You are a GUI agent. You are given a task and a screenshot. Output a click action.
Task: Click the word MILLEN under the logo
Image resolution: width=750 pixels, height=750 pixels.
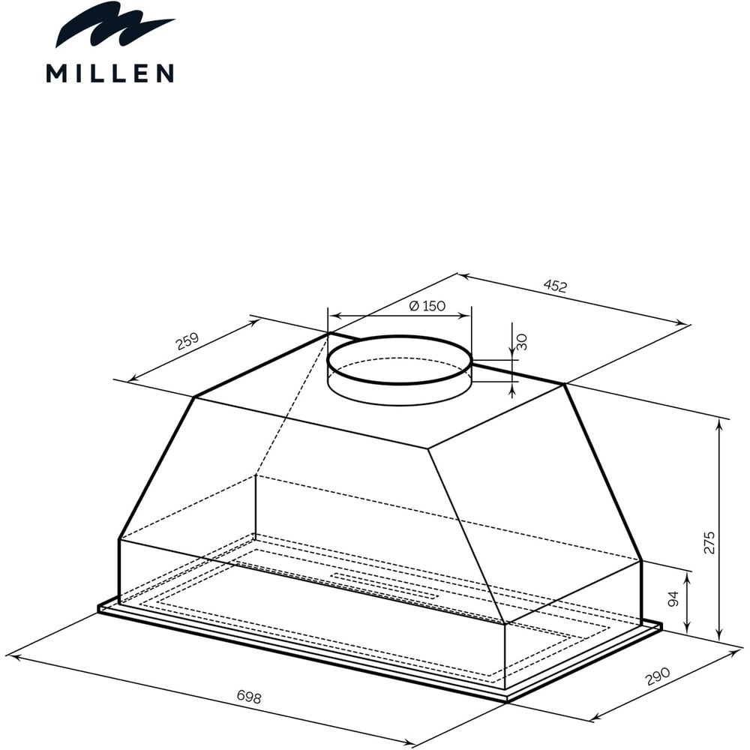pos(110,74)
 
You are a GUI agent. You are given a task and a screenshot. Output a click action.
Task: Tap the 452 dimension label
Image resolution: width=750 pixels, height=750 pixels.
pos(555,286)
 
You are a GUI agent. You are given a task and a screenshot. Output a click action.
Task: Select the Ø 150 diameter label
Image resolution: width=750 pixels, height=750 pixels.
pos(427,306)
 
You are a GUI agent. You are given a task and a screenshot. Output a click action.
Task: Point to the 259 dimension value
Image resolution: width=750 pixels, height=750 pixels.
pos(187,341)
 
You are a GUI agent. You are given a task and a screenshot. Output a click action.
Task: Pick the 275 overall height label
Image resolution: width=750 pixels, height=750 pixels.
pos(709,542)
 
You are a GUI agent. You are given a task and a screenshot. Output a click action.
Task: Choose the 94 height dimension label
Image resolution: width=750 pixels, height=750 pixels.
pos(673,598)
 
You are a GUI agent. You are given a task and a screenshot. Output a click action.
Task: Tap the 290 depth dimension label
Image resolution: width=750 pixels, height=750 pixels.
pos(658,676)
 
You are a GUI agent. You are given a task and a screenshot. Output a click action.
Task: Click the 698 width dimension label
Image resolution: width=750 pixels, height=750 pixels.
pos(249,697)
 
